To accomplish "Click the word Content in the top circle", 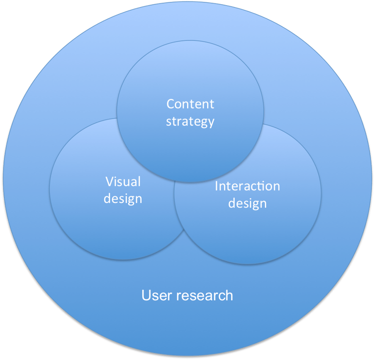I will tap(190, 104).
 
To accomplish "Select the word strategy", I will tap(190, 122).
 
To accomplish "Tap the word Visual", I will tap(123, 181).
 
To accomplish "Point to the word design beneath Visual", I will tap(123, 199).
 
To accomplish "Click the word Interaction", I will tap(247, 186).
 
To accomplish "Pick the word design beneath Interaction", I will tap(247, 204).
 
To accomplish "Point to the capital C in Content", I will tap(171, 104).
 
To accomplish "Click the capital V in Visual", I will tap(109, 181).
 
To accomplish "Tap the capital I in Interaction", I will tap(217, 186).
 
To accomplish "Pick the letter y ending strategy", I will tap(211, 123).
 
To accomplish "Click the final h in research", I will tap(229, 295).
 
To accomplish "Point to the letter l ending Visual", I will tap(139, 181).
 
